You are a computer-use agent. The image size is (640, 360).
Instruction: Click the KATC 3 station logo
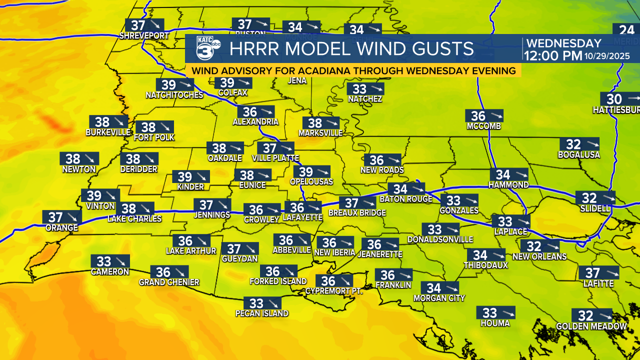(x=205, y=49)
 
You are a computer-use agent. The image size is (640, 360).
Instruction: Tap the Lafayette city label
(x=302, y=218)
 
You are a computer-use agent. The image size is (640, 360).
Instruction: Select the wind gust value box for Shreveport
(x=144, y=25)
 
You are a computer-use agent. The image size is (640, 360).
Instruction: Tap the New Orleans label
(x=539, y=256)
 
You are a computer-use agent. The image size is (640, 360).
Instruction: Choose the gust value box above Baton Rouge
(x=405, y=189)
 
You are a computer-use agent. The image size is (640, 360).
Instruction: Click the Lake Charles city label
(x=134, y=218)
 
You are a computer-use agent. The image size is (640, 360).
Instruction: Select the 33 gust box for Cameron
(x=110, y=261)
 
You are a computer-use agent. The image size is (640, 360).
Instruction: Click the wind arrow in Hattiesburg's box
(x=633, y=98)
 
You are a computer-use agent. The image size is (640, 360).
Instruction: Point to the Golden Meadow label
(x=591, y=326)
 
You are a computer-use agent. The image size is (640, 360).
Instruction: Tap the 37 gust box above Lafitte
(x=598, y=272)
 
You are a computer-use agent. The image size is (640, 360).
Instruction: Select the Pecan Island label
(x=262, y=313)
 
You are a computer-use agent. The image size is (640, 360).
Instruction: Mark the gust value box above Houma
(x=495, y=312)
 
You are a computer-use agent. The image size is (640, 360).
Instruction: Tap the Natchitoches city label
(x=174, y=95)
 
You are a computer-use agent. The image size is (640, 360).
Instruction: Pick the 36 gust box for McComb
(x=483, y=116)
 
